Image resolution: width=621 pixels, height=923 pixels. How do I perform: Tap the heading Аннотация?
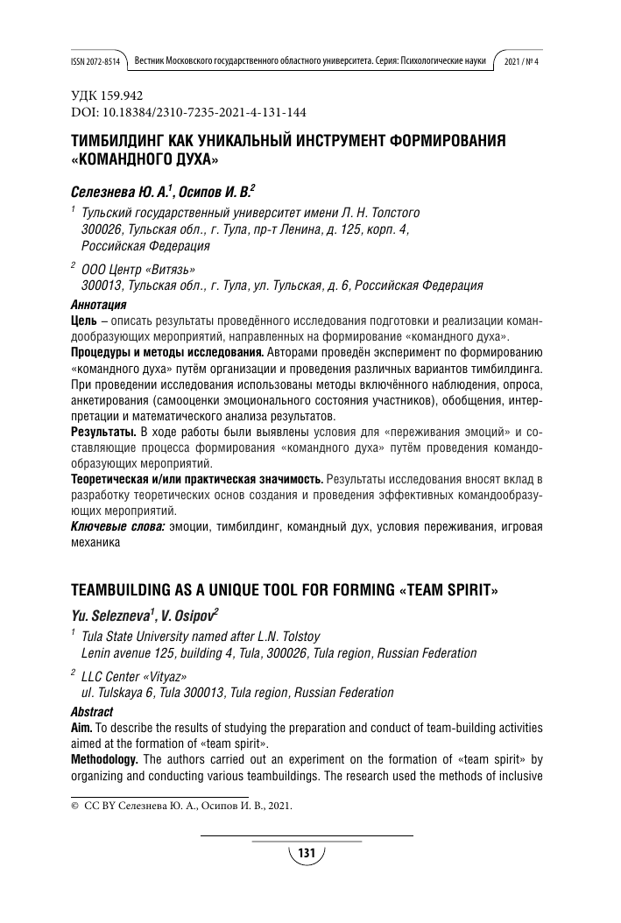click(x=97, y=306)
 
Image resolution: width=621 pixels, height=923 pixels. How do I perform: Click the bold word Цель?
click(x=84, y=322)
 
